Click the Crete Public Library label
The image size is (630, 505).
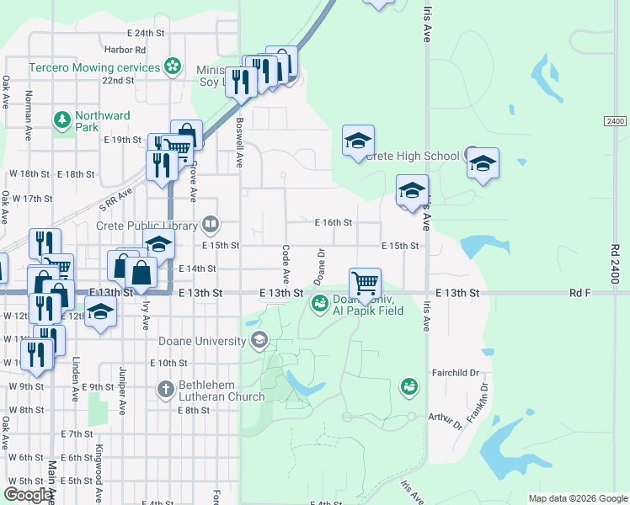[146, 226]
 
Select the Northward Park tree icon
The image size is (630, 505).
[61, 120]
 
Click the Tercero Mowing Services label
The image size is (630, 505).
[95, 66]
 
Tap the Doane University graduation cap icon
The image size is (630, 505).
[260, 341]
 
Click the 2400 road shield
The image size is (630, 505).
[616, 122]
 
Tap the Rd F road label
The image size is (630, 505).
[581, 293]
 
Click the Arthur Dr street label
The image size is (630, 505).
[446, 419]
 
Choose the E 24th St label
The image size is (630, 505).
[146, 34]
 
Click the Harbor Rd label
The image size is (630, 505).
[126, 50]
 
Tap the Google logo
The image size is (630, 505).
[28, 495]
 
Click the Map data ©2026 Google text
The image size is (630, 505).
[578, 498]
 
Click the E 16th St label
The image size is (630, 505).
[333, 223]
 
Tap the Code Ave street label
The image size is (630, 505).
[286, 263]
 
